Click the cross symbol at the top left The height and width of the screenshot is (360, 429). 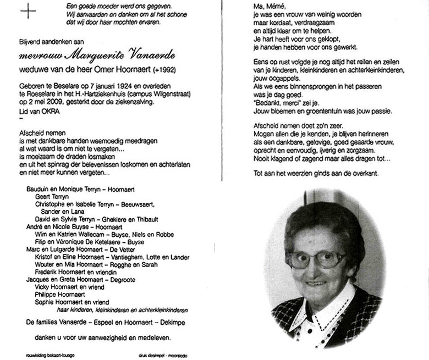point(28,12)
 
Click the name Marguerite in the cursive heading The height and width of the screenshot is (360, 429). point(89,55)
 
